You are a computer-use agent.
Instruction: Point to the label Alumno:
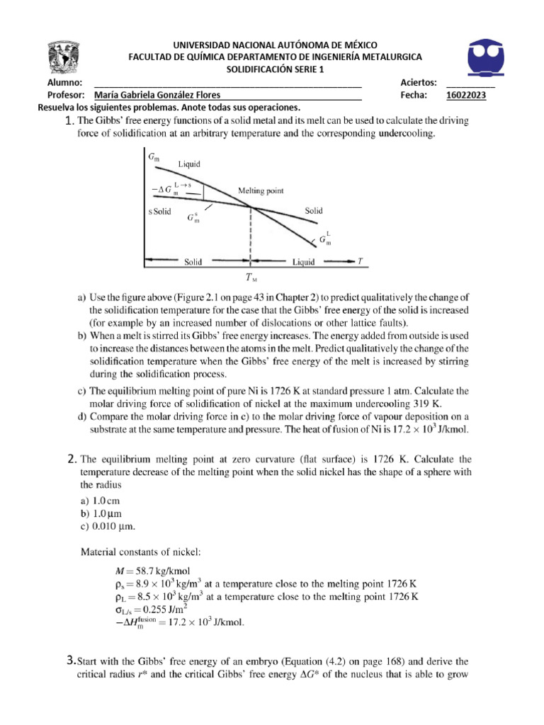click(x=64, y=83)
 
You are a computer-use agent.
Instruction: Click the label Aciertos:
click(x=418, y=83)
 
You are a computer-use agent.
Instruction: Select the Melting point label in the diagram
click(x=260, y=190)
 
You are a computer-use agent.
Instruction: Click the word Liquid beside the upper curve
click(x=188, y=164)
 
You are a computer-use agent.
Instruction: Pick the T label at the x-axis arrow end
click(x=360, y=261)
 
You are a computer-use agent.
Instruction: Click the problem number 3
click(x=69, y=661)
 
